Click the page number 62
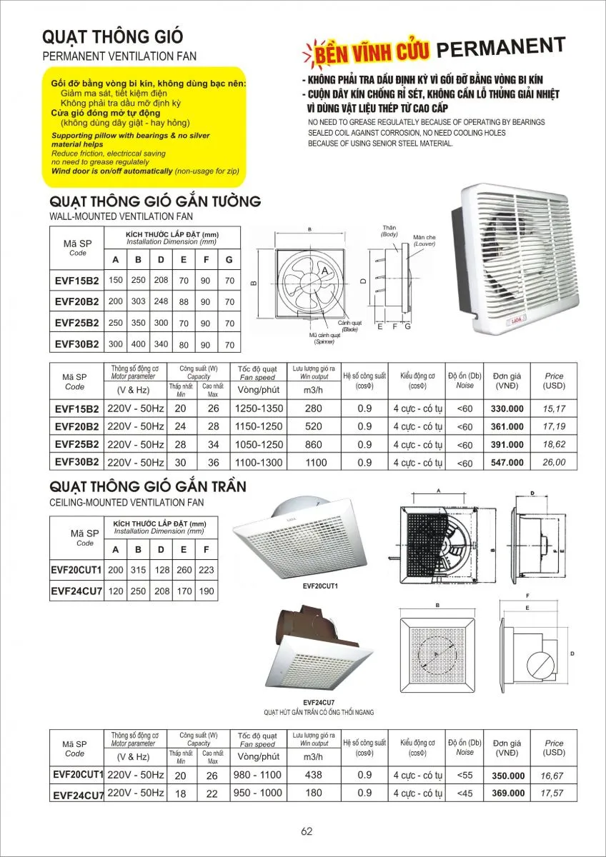click(x=307, y=831)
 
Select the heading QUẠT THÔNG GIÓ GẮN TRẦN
click(x=149, y=487)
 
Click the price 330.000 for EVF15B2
click(x=507, y=409)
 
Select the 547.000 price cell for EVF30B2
click(x=507, y=463)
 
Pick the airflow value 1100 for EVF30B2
click(x=315, y=463)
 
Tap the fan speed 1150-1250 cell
click(x=259, y=427)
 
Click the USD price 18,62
click(x=554, y=444)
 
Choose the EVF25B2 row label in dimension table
click(x=77, y=323)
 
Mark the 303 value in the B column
click(x=138, y=301)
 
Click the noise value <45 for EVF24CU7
click(x=465, y=793)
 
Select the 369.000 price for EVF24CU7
click(x=508, y=793)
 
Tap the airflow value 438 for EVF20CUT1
click(x=314, y=776)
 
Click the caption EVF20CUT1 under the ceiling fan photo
click(x=320, y=586)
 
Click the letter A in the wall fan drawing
click(x=324, y=271)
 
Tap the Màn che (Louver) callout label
click(x=424, y=240)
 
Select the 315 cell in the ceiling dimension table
click(x=138, y=571)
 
